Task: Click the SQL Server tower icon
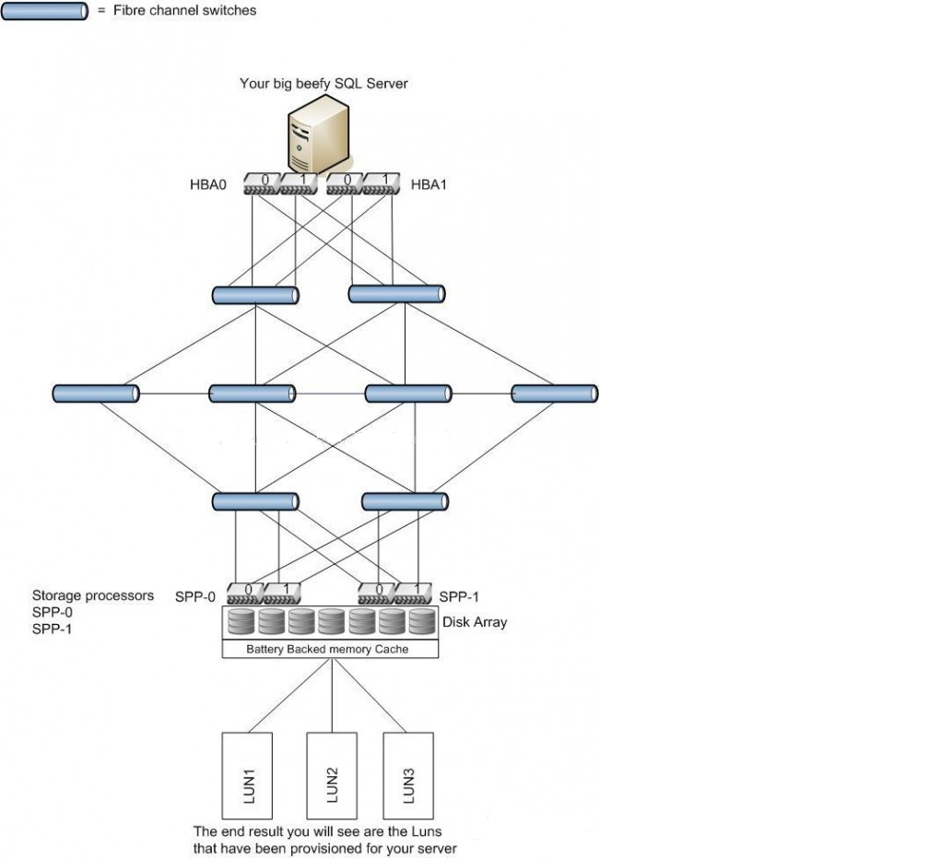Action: (313, 135)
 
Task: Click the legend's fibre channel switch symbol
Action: (45, 11)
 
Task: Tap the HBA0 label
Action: (208, 184)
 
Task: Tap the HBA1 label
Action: (429, 184)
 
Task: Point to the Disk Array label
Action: (474, 622)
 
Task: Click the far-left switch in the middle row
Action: (96, 394)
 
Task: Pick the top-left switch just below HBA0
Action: (255, 295)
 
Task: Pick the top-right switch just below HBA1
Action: (396, 295)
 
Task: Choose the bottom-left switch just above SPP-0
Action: (255, 501)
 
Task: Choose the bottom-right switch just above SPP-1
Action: (405, 501)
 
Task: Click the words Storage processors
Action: (92, 595)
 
